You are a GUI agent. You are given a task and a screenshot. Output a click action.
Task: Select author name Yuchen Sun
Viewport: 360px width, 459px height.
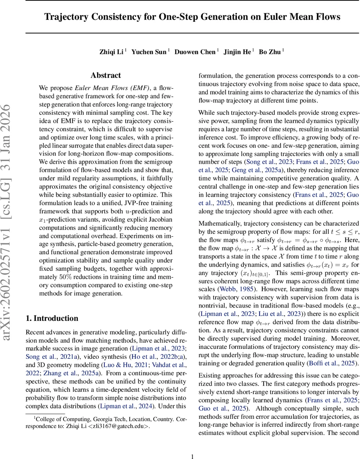pos(149,52)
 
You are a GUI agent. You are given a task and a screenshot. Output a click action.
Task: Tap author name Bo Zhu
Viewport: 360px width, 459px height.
pos(272,52)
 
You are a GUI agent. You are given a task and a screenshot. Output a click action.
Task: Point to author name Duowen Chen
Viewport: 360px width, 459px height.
pos(195,52)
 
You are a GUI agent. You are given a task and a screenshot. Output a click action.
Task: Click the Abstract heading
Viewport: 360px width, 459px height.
pos(105,75)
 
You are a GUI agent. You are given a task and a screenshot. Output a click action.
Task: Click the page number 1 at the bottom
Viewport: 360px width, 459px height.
pos(192,446)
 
